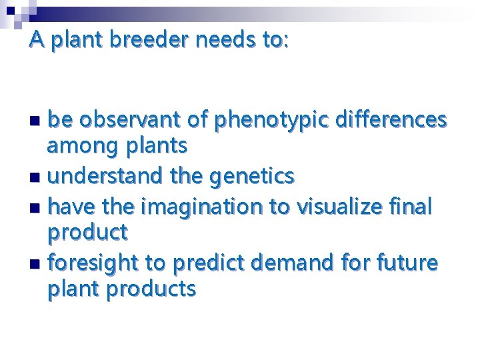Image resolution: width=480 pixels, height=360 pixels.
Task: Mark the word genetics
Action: click(252, 176)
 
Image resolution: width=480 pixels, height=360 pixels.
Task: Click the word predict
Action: click(204, 264)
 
